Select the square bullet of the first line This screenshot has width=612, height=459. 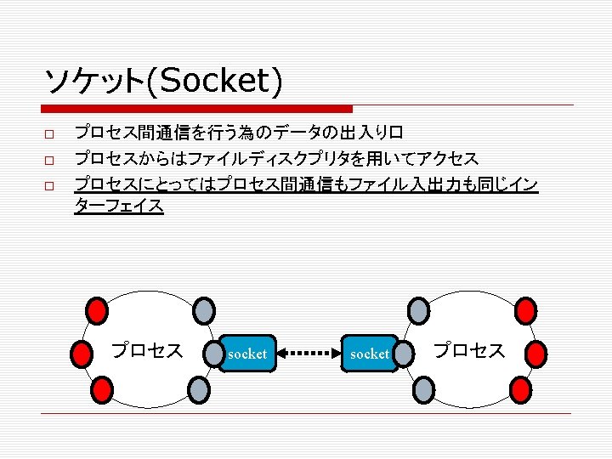click(49, 135)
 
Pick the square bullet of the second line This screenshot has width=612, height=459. click(49, 160)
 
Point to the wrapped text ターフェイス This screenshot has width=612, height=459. click(119, 207)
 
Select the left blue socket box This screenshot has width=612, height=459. click(246, 353)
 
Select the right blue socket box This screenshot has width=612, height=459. click(370, 353)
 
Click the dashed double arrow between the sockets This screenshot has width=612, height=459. click(309, 353)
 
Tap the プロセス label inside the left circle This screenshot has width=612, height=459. click(146, 350)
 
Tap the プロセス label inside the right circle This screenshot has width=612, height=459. click(469, 350)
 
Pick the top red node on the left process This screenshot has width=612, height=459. click(99, 308)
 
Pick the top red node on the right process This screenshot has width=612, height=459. click(526, 308)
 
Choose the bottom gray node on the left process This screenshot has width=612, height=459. click(197, 389)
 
